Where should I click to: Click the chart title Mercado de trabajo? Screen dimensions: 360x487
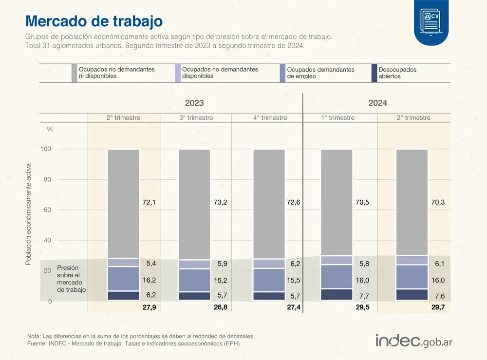click(x=94, y=21)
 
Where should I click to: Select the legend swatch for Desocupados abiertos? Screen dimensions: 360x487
click(x=374, y=73)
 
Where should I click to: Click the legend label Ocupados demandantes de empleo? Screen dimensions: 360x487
click(x=320, y=73)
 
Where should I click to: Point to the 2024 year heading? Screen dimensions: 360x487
click(x=377, y=103)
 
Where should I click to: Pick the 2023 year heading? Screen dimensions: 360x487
click(x=194, y=103)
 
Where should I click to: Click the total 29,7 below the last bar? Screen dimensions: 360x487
click(x=437, y=308)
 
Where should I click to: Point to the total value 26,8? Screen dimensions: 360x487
click(x=220, y=308)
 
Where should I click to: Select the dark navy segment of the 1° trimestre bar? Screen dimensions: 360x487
click(x=337, y=295)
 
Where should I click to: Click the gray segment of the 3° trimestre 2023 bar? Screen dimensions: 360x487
click(x=194, y=204)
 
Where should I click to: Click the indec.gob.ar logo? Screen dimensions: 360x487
click(x=414, y=341)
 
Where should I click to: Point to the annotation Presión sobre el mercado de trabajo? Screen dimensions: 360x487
click(x=71, y=279)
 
